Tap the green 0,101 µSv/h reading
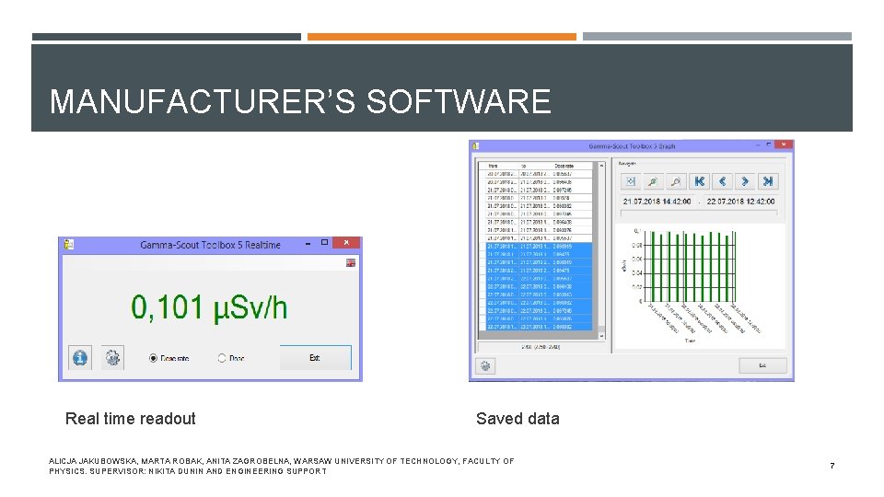coord(209,306)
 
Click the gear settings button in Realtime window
coord(112,357)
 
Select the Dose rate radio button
coord(153,357)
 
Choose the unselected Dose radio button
coord(222,357)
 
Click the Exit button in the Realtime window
coord(315,357)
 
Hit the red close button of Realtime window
coord(346,243)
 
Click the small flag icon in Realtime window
coord(351,263)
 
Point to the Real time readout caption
coord(131,419)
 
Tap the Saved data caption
coord(518,419)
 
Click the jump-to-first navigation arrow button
coord(699,181)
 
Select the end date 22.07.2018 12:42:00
coord(742,202)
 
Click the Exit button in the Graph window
coord(762,365)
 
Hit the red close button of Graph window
coord(784,144)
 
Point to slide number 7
coord(832,466)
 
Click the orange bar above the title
coord(442,37)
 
